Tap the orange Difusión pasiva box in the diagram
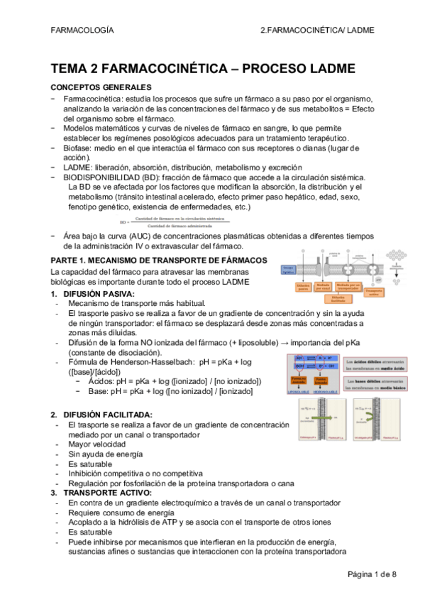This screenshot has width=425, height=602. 303,287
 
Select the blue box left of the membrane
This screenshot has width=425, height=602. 288,270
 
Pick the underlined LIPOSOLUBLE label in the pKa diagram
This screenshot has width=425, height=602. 298,393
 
